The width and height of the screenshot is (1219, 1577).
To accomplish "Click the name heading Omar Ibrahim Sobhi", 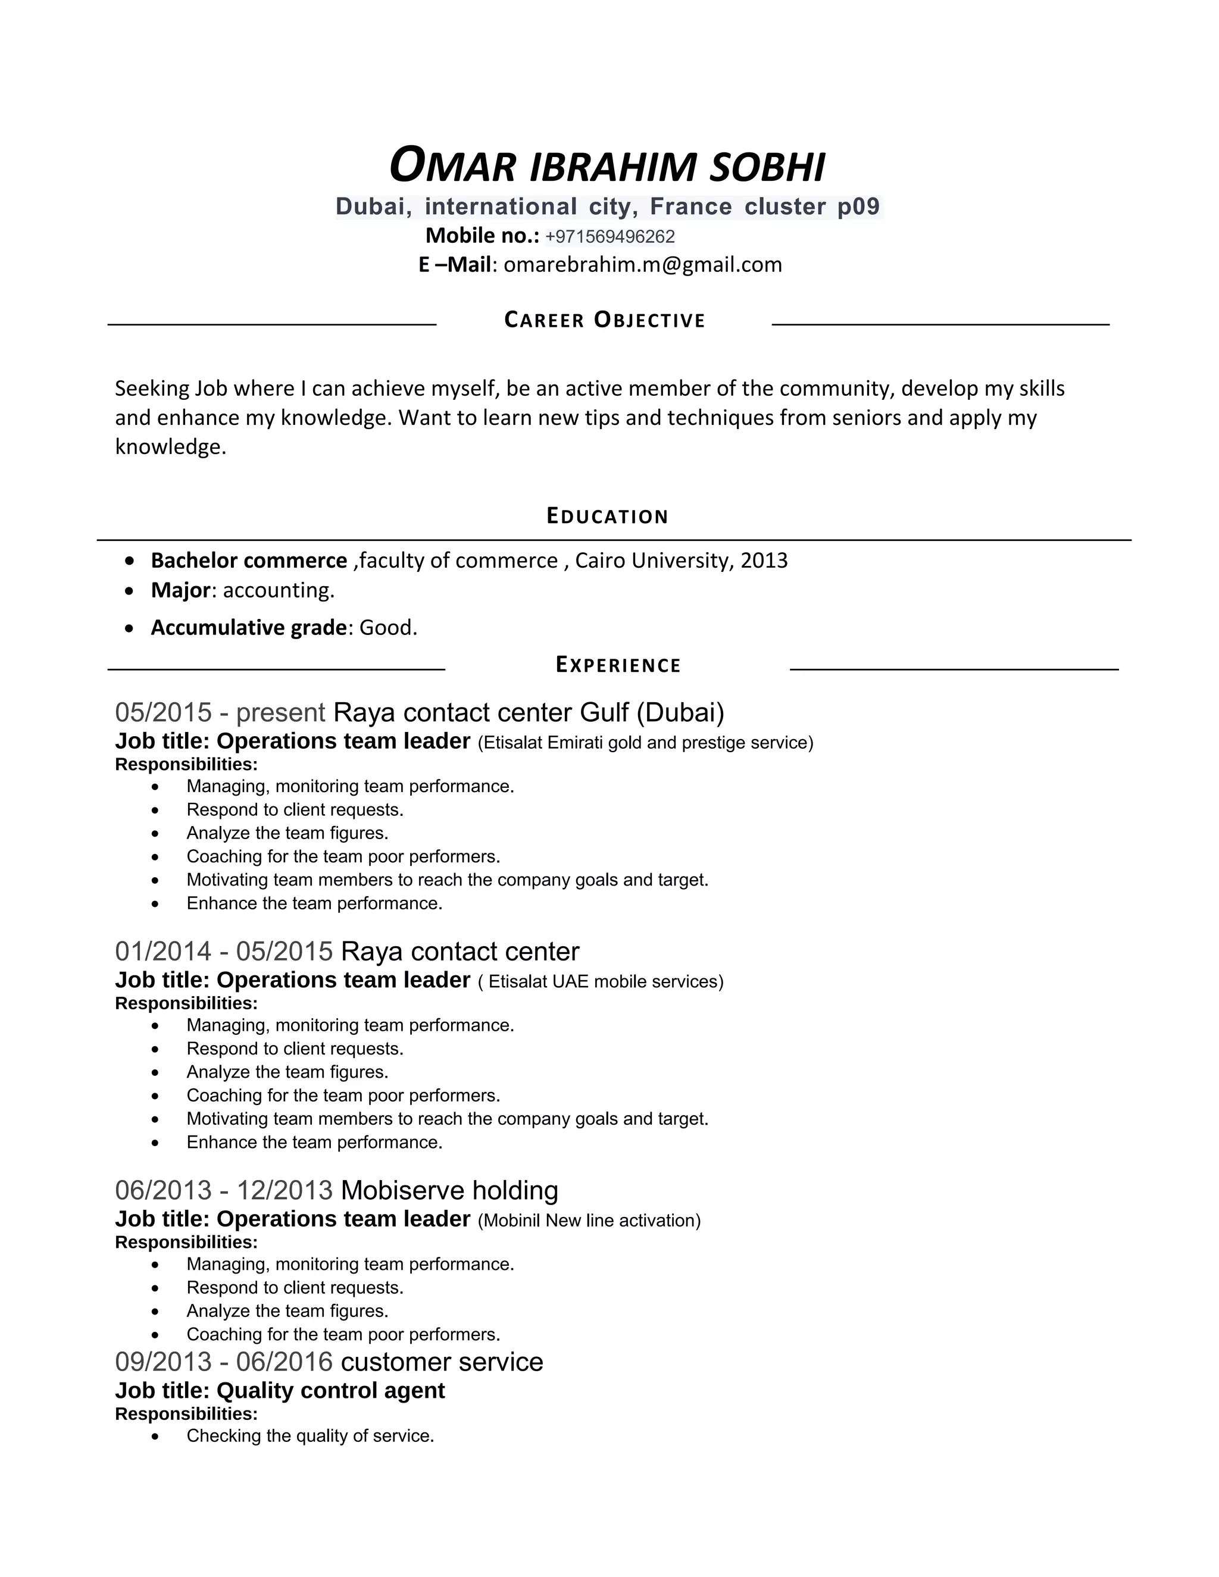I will click(607, 166).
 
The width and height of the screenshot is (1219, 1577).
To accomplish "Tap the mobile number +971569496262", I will click(609, 237).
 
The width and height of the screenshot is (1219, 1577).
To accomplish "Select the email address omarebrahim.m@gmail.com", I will click(642, 265).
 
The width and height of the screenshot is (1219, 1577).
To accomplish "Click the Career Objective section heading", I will click(605, 320).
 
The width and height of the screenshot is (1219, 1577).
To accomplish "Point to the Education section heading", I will click(607, 517).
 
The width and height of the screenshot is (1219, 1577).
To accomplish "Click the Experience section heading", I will click(618, 665).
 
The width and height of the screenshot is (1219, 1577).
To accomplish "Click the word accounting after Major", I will click(278, 591).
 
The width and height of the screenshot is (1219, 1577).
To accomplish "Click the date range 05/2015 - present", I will click(220, 713).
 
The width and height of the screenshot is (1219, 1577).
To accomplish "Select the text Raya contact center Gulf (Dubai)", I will click(528, 713).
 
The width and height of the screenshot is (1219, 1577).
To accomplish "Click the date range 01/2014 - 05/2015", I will click(223, 952).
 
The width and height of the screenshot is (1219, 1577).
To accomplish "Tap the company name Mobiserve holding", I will click(449, 1191).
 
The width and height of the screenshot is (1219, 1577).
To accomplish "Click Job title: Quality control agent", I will click(280, 1391).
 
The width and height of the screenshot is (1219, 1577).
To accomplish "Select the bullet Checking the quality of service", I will click(310, 1435).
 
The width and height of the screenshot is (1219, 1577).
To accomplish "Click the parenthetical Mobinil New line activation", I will click(589, 1221).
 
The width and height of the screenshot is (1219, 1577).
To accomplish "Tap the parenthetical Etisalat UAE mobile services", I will click(601, 982).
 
